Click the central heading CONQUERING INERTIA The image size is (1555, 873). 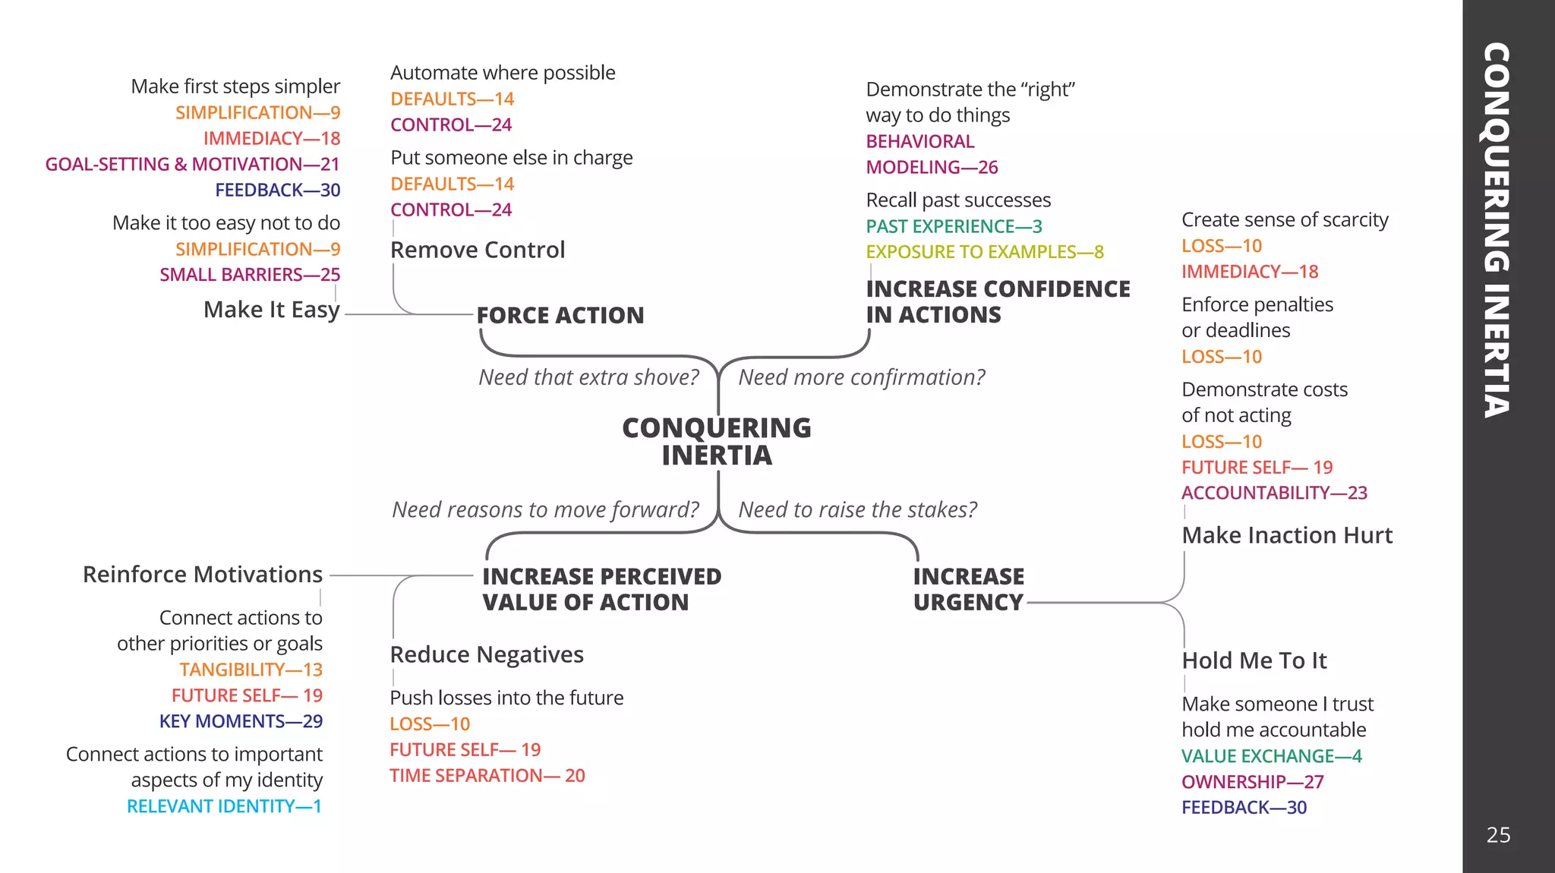716,441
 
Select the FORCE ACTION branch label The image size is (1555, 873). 560,315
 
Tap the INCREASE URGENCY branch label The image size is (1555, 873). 968,589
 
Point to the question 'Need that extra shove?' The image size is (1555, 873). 588,377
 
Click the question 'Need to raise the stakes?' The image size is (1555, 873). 857,509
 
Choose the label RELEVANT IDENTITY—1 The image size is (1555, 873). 224,806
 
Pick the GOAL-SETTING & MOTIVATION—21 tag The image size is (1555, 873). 192,164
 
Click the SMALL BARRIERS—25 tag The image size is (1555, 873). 250,275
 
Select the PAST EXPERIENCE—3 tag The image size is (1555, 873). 954,226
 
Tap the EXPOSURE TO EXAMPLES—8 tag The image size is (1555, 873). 985,252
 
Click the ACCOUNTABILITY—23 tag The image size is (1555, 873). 1274,493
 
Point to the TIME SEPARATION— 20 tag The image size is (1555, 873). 487,776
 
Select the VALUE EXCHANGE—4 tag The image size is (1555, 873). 1272,756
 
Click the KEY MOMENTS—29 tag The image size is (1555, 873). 241,721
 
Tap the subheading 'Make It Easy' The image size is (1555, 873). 271,310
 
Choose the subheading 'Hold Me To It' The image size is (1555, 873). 1254,660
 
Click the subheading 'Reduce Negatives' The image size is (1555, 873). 487,654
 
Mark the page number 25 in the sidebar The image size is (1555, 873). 1498,835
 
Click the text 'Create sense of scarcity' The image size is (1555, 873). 1285,220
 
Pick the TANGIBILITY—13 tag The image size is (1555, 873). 251,670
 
